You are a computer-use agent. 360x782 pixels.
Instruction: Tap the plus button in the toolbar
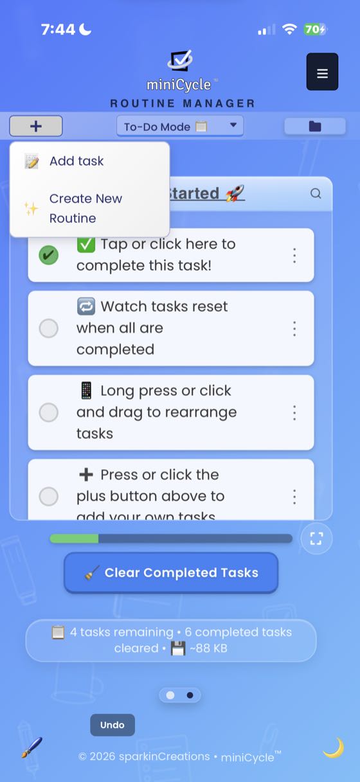36,126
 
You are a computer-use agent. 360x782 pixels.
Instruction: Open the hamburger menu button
322,72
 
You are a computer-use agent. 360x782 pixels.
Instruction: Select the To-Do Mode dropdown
180,126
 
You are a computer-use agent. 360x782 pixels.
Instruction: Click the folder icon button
315,126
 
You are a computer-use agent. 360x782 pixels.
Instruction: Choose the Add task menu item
76,161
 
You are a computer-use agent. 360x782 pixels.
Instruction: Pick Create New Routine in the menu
85,208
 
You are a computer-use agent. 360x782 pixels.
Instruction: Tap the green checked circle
48,255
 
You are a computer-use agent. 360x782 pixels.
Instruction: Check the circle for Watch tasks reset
49,328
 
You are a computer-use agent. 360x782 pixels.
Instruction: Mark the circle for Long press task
49,412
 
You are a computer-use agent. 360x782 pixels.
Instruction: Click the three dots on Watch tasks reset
294,328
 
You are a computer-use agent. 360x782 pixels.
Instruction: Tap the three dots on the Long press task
294,412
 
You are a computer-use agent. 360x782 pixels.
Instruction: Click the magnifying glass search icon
316,193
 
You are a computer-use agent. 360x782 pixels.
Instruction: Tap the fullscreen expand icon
316,538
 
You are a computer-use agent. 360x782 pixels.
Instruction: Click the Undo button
113,725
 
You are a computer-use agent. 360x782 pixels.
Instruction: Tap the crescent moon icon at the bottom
333,747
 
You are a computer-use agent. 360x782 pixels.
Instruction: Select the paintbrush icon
32,747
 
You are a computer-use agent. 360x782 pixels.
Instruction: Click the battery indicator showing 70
315,30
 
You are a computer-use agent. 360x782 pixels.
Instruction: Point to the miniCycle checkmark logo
180,61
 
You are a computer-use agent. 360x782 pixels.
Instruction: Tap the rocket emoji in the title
235,193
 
